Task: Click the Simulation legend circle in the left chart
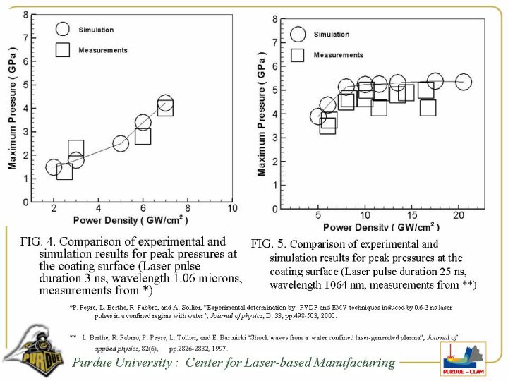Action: point(63,29)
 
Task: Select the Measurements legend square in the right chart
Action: point(298,54)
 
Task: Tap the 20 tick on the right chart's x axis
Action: point(459,215)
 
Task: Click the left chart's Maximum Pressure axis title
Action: point(12,108)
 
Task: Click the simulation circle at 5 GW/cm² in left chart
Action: point(120,144)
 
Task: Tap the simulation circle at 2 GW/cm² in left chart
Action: point(54,167)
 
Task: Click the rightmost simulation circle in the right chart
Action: point(463,82)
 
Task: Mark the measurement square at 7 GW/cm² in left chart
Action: point(165,108)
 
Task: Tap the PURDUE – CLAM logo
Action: point(462,360)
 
